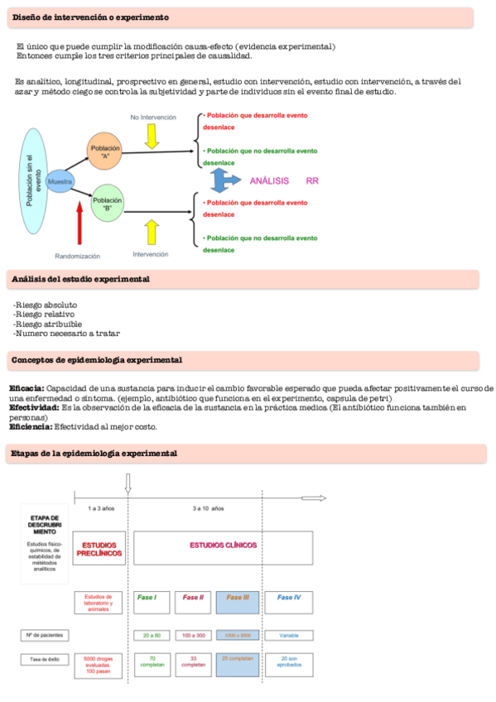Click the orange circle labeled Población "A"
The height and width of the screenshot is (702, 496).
(x=105, y=152)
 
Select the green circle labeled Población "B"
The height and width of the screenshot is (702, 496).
(x=107, y=204)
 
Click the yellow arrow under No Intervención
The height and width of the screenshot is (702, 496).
(x=152, y=135)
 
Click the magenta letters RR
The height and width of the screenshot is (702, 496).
(x=312, y=180)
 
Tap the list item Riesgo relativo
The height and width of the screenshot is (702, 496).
(x=45, y=314)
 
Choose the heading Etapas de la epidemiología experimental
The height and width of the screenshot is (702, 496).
(x=94, y=454)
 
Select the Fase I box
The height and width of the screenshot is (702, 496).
(x=152, y=597)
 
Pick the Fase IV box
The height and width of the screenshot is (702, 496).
(x=289, y=597)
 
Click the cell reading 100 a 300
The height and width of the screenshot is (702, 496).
(x=194, y=636)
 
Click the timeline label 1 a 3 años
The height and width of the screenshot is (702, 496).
(x=101, y=508)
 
